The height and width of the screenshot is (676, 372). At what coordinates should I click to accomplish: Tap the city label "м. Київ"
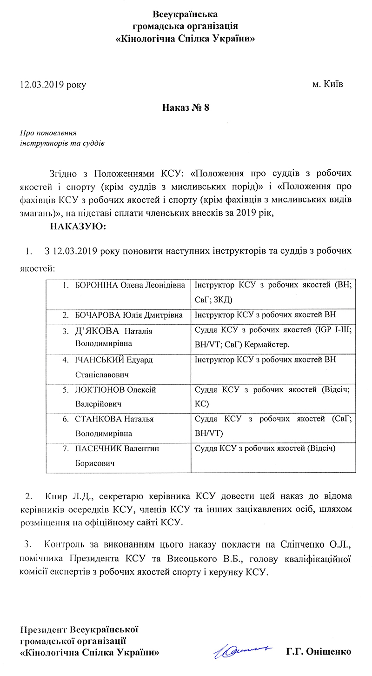tap(328, 84)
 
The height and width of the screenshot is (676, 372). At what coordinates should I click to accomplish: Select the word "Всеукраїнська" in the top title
tap(186, 15)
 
